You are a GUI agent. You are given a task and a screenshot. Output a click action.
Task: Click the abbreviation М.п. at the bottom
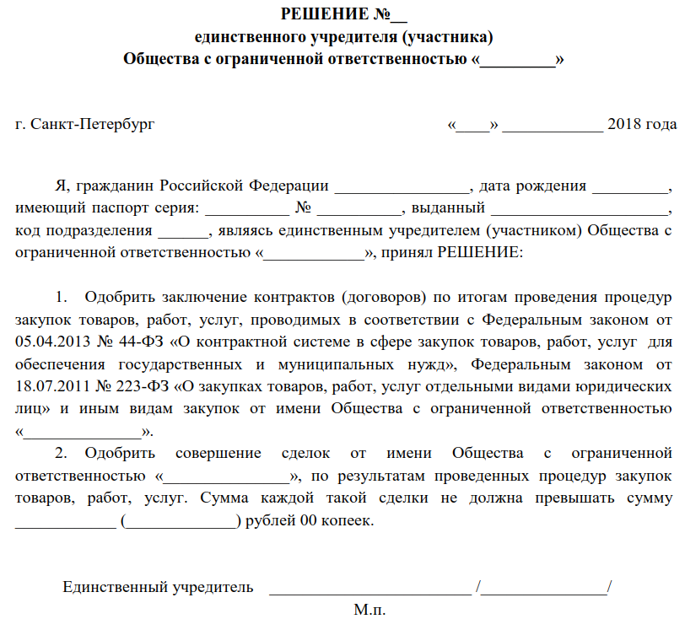click(370, 608)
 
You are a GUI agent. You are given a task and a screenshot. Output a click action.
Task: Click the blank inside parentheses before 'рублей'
click(181, 520)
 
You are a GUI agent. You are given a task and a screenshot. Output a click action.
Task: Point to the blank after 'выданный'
click(578, 208)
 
